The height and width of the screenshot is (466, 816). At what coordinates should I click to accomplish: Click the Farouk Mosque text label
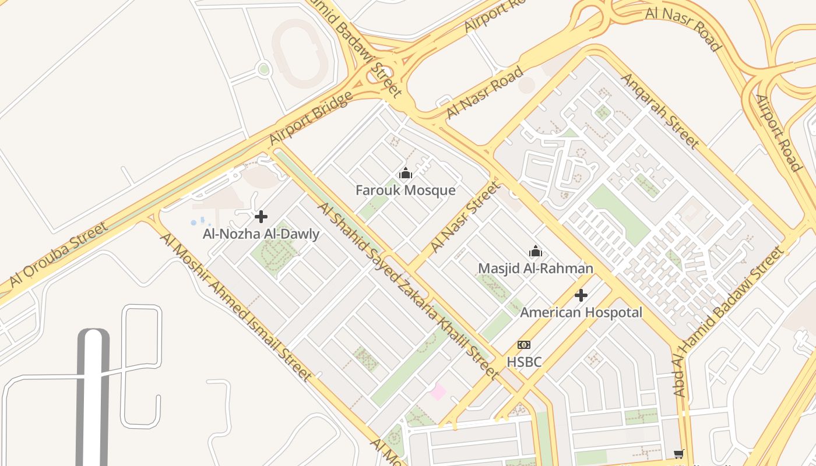pos(406,190)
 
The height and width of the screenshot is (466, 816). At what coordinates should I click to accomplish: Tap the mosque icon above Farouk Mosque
pos(406,173)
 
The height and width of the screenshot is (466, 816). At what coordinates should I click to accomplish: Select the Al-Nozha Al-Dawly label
pos(261,234)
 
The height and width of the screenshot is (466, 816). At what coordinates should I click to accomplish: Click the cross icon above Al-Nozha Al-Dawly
pos(261,217)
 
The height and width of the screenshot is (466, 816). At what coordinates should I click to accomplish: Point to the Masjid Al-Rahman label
pos(536,269)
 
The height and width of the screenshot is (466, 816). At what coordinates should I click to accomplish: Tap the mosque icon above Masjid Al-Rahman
pos(536,252)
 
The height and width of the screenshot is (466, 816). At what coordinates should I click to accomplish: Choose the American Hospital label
pos(581,312)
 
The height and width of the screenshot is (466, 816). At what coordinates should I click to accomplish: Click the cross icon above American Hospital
pos(581,295)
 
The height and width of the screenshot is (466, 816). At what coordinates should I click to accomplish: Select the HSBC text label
pos(524,362)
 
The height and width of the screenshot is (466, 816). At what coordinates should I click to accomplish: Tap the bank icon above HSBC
pos(524,345)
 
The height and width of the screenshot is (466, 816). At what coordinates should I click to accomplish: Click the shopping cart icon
pos(678,454)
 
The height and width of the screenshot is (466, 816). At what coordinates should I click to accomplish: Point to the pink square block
pos(438,391)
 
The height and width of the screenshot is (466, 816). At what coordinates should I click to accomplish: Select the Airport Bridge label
pos(311,118)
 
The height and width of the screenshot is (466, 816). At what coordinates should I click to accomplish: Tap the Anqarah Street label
pos(659,111)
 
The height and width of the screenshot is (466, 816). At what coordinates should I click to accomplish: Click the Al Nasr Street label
pos(465,217)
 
